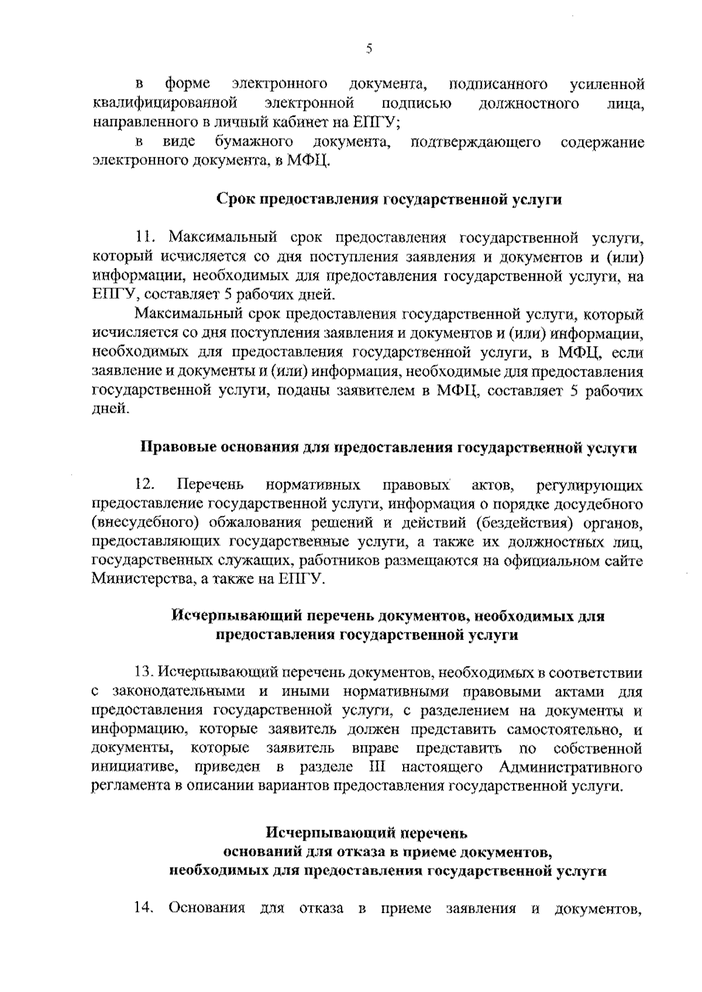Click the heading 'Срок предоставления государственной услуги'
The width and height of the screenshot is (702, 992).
point(389,199)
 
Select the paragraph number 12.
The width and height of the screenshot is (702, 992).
point(144,485)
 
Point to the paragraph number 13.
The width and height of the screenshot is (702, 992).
point(144,672)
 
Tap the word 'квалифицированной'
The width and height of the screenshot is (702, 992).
point(164,104)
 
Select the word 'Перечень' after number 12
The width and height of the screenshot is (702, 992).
point(211,485)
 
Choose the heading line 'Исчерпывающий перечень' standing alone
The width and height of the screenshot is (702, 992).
point(367,832)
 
